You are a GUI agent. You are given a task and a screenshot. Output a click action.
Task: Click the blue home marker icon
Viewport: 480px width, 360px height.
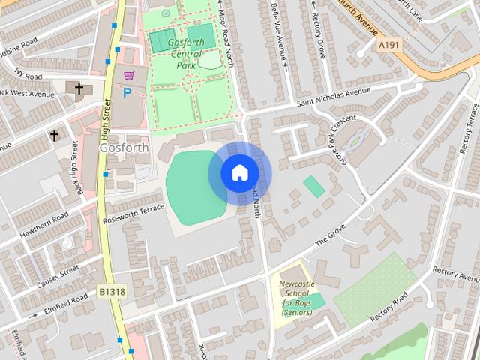(x=239, y=173)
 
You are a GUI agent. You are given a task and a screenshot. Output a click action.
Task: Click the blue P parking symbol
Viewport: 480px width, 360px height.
(x=127, y=93)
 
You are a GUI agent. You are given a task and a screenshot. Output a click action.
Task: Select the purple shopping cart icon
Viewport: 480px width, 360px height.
(x=129, y=75)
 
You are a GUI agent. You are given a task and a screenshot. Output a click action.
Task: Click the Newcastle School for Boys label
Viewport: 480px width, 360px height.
(x=298, y=298)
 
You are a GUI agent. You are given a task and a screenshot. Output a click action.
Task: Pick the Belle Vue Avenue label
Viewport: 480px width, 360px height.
(x=280, y=34)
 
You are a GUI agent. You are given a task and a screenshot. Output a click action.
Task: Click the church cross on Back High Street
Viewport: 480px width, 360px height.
(x=54, y=136)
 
